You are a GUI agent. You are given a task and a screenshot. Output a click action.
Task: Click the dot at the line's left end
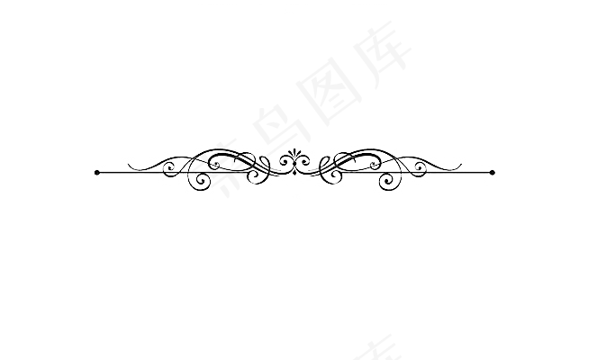(x=97, y=172)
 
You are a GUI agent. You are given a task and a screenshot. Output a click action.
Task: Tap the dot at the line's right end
(x=492, y=172)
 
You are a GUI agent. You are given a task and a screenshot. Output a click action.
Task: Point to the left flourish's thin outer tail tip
(x=129, y=164)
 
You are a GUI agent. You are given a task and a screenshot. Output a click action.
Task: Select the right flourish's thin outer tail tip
(x=460, y=164)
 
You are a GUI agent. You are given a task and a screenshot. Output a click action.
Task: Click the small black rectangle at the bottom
(x=303, y=337)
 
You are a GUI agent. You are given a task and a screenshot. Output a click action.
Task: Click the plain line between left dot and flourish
(x=113, y=172)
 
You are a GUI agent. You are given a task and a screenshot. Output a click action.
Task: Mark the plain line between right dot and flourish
(x=475, y=172)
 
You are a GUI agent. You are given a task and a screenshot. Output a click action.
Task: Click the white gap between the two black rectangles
(x=303, y=268)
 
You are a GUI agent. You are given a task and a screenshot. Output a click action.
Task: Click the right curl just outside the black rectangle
(x=419, y=166)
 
